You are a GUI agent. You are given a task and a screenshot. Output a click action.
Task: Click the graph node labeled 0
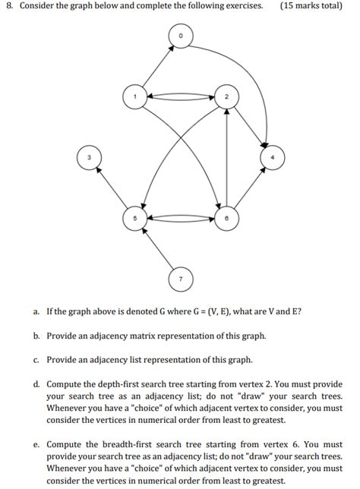point(182,35)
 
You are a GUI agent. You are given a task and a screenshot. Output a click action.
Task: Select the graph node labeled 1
point(134,97)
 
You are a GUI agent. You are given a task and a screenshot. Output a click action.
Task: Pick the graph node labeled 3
point(88,158)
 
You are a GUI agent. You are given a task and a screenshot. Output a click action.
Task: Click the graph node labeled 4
point(272,157)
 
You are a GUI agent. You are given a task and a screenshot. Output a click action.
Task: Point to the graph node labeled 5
point(134,217)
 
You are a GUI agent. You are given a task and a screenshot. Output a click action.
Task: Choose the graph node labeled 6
point(227,217)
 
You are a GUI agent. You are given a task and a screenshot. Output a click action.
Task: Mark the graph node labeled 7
point(180,279)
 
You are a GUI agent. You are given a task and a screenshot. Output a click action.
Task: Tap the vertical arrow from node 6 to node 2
point(227,157)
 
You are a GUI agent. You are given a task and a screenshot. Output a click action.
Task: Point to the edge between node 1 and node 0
point(158,66)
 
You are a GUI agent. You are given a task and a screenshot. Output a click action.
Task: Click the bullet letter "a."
point(36,312)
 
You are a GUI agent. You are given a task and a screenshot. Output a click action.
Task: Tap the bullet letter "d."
point(36,384)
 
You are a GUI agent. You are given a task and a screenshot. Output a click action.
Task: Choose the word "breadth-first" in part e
point(134,444)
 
